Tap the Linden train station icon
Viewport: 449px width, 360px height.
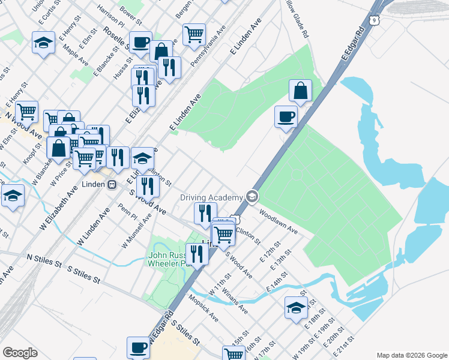112,185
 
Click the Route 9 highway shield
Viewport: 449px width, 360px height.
375,21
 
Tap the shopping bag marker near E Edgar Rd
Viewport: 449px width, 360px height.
300,90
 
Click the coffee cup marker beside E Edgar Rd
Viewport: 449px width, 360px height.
286,116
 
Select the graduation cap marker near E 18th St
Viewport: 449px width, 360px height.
296,308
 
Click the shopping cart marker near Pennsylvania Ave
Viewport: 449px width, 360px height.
194,34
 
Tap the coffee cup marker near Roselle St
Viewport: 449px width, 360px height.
140,41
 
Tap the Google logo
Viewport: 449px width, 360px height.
20,353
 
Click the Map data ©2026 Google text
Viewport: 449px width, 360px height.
411,355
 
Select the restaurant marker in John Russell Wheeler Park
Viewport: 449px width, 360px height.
196,253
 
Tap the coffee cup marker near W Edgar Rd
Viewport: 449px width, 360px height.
138,347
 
